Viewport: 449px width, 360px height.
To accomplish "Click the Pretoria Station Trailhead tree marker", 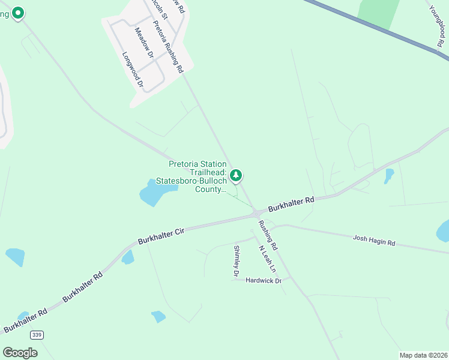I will click(x=237, y=175).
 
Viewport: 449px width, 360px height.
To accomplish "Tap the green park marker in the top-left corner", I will click(x=18, y=12).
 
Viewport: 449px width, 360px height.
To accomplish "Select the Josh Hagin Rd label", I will click(x=374, y=241).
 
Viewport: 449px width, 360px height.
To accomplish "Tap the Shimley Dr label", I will click(x=237, y=261).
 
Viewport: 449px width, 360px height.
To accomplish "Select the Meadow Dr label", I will click(x=144, y=43).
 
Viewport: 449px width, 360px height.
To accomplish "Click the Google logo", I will click(x=20, y=353).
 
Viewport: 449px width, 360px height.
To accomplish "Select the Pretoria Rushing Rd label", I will click(x=167, y=47).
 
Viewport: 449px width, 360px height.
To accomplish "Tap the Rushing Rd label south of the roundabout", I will click(x=268, y=235).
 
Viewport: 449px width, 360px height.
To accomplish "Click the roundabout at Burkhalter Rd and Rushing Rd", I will click(x=256, y=212).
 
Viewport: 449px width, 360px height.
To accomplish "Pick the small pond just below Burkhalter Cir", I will click(x=127, y=257).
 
